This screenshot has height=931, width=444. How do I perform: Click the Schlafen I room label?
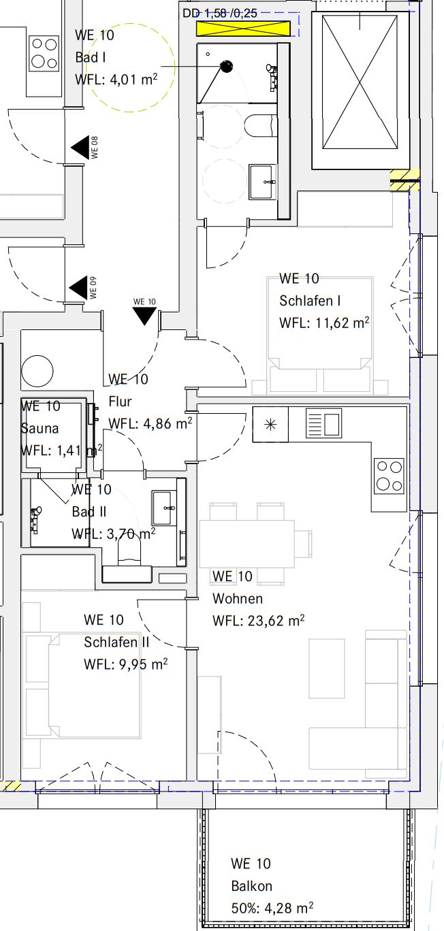[x=309, y=301]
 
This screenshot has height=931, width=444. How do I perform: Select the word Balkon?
[x=251, y=886]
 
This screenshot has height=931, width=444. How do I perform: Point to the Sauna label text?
[x=40, y=429]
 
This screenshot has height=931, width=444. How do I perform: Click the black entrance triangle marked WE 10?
[x=144, y=315]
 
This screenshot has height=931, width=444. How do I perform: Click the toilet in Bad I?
[x=259, y=126]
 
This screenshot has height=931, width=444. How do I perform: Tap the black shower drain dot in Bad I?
[x=227, y=66]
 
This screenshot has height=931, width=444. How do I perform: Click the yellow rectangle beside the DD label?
[x=243, y=29]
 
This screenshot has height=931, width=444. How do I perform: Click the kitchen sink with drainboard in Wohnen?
[x=323, y=424]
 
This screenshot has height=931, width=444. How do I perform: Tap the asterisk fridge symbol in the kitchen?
[x=270, y=424]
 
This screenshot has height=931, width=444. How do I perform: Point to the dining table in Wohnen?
[x=247, y=544]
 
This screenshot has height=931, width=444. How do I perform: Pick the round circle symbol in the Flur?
[x=37, y=372]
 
